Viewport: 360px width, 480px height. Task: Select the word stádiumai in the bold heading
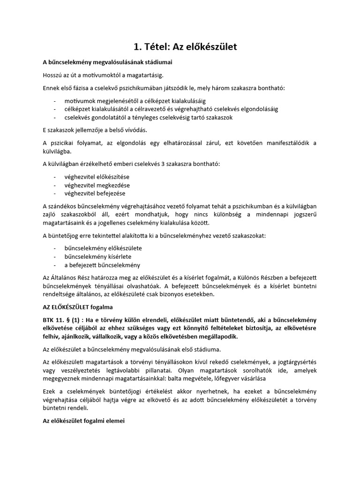[x=165, y=62]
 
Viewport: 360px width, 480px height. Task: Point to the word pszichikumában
[x=141, y=88]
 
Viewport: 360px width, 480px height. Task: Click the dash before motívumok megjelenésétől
[x=55, y=101]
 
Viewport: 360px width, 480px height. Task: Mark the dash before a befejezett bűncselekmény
[x=55, y=265]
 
